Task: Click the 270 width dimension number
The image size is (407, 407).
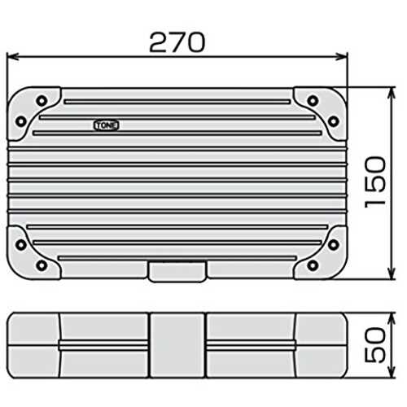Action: (x=177, y=42)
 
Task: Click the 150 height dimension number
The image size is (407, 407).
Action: (x=375, y=182)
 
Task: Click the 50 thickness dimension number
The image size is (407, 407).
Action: (x=375, y=345)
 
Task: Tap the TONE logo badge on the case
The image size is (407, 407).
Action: (x=107, y=125)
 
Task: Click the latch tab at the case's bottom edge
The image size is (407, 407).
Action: (x=177, y=271)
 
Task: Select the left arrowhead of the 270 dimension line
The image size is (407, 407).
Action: (x=12, y=57)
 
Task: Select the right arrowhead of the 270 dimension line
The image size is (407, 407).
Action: (x=342, y=57)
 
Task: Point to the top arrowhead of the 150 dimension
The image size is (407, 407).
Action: (x=391, y=93)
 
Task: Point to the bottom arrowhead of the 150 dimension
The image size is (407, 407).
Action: (x=391, y=273)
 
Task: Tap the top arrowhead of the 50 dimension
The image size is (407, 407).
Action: (x=391, y=319)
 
